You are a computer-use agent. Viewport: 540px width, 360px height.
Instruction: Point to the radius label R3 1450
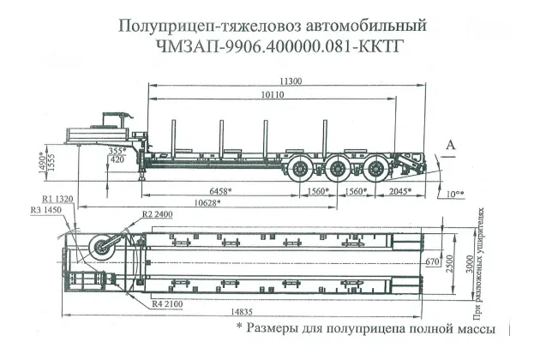point(46,210)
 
